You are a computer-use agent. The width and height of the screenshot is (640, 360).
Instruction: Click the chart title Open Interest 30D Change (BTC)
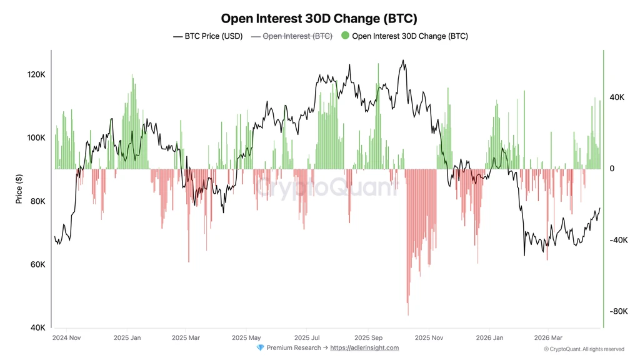pos(319,18)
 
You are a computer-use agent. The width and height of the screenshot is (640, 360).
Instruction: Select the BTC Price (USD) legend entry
pos(207,36)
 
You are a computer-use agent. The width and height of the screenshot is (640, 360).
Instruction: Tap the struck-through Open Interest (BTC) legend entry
pos(292,36)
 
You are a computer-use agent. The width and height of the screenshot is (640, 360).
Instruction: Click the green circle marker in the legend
pos(345,36)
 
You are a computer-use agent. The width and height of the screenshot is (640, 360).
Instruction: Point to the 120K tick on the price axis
pos(36,74)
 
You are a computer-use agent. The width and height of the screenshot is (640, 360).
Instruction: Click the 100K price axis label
pos(36,137)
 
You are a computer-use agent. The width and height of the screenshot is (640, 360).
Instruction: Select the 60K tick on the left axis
pos(37,264)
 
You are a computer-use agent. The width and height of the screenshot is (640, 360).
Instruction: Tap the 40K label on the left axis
pos(37,327)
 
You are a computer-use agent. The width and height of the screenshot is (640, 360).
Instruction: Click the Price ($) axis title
pos(19,189)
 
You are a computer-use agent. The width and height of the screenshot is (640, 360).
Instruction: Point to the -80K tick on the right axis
pos(618,311)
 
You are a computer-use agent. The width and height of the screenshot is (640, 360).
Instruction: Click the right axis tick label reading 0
pos(612,169)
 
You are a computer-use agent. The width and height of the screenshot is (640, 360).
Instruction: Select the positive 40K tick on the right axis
pos(617,97)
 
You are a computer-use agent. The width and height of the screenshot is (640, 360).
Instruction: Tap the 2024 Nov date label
pos(66,338)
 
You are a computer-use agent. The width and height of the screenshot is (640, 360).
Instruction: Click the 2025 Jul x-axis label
pos(307,338)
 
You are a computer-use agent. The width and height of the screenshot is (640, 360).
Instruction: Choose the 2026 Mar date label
pos(548,338)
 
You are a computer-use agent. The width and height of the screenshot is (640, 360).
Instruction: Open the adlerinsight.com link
pos(364,347)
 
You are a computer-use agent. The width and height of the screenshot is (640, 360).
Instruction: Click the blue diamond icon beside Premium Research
pos(260,347)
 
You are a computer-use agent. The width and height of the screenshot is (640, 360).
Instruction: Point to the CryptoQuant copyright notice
pos(584,349)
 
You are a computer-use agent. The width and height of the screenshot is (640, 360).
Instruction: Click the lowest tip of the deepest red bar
pos(408,316)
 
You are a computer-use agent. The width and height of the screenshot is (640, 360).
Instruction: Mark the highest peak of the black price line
pos(403,61)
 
